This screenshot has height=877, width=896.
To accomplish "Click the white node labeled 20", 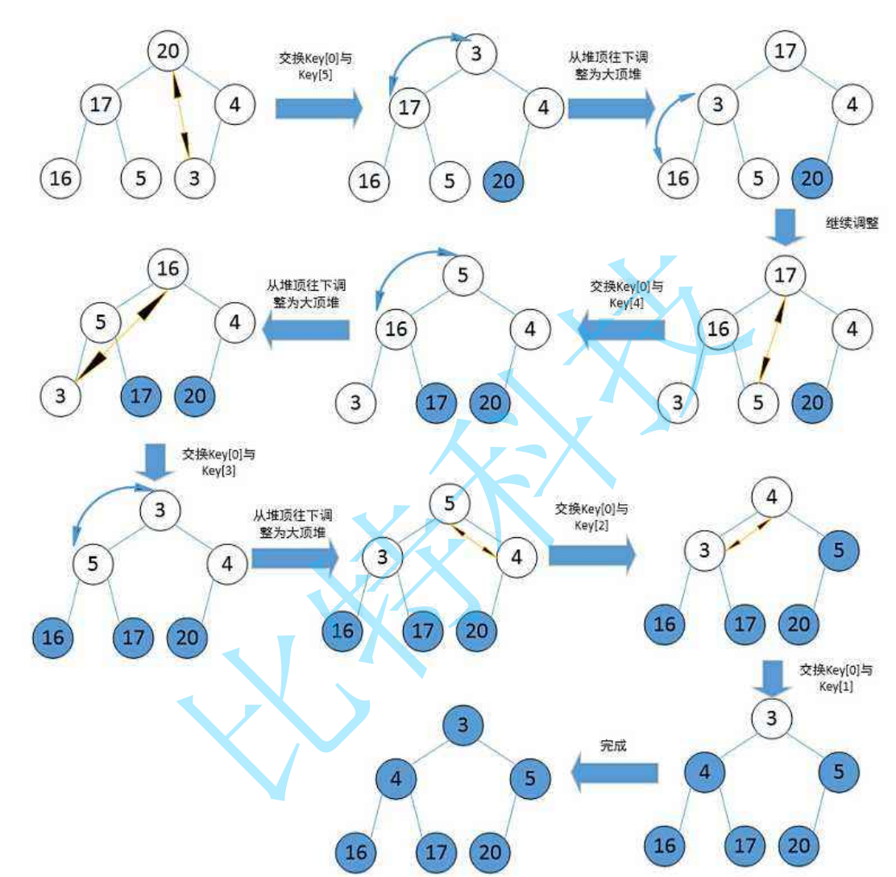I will pos(168,51).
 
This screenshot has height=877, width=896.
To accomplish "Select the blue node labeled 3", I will pos(463,725).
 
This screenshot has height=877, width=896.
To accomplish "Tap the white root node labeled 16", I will pos(168,268).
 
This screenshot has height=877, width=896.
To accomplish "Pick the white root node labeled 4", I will pos(771,498).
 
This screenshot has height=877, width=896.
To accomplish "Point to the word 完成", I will pos(613,746).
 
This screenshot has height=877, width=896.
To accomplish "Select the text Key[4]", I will pos(624,302).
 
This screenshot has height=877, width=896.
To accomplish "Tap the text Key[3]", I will pos(218,470).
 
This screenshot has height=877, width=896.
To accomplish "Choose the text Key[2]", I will pos(591,525).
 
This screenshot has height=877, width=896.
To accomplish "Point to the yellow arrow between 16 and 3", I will pos(122,329).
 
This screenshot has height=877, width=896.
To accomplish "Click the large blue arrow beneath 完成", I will pos(613,774).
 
